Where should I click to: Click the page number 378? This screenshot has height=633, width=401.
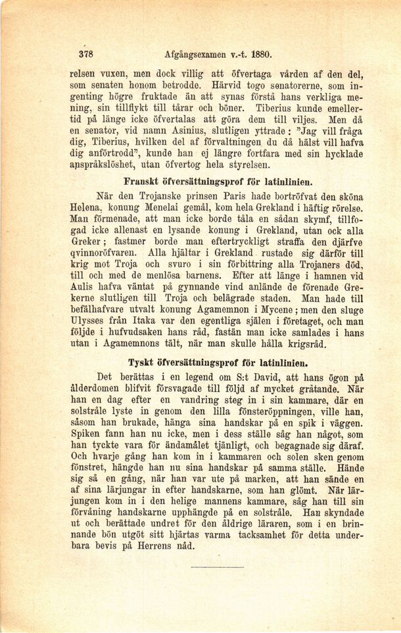pos(87,55)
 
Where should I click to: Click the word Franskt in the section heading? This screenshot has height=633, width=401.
pos(145,180)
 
